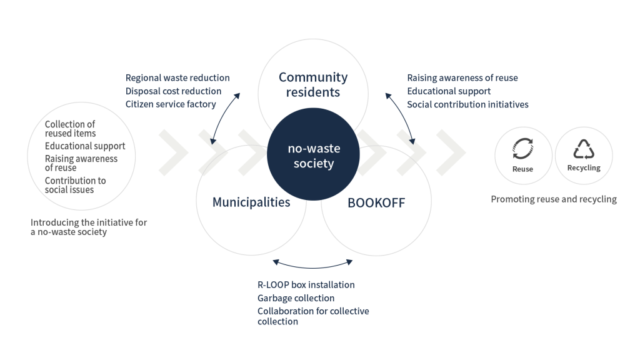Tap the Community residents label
click(313, 85)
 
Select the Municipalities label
click(251, 202)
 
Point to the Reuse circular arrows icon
click(522, 149)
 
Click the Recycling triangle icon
click(584, 149)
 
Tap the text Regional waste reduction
click(177, 78)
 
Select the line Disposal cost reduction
click(173, 91)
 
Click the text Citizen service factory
click(171, 104)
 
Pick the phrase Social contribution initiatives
click(467, 104)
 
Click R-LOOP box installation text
click(306, 285)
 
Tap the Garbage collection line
click(296, 299)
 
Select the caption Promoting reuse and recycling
click(553, 199)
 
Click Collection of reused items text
click(70, 129)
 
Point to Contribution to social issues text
click(75, 184)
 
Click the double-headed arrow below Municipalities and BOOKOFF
click(313, 262)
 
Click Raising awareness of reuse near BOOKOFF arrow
click(462, 78)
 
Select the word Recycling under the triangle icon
click(584, 169)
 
